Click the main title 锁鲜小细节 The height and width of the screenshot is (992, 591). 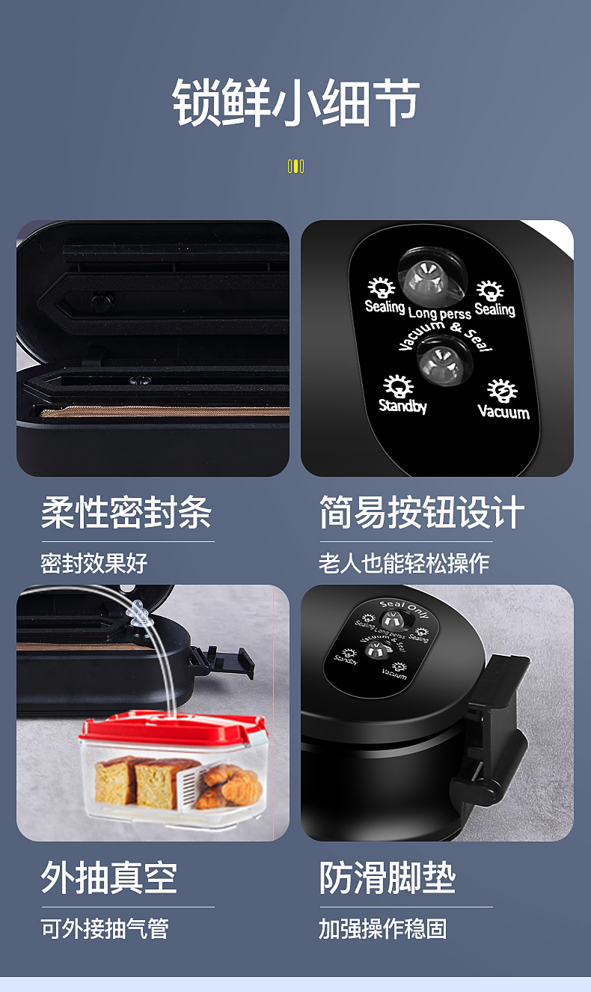click(295, 103)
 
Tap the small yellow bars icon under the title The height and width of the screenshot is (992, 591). click(295, 166)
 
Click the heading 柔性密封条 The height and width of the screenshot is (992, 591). click(126, 513)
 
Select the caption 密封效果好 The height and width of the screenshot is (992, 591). click(94, 563)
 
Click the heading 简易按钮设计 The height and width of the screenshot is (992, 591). click(421, 513)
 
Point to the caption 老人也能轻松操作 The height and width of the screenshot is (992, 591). click(404, 563)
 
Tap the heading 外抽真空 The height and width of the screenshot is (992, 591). click(109, 877)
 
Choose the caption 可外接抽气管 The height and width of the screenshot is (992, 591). click(105, 928)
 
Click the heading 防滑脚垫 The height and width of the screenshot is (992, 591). click(388, 877)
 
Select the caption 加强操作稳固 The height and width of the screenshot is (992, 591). click(382, 928)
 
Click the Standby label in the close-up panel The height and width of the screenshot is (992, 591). click(402, 406)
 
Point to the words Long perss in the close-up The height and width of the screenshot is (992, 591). click(439, 313)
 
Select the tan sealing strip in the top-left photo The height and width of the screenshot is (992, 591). click(165, 412)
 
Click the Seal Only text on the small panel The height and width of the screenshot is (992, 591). click(403, 607)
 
